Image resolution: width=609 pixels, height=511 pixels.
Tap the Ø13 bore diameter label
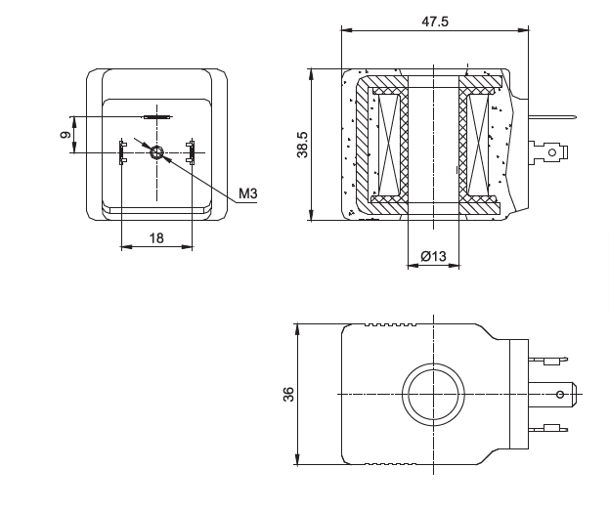pyautogui.click(x=433, y=256)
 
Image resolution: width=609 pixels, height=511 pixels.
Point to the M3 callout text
pyautogui.click(x=248, y=194)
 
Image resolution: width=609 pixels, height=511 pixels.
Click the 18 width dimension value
pyautogui.click(x=155, y=237)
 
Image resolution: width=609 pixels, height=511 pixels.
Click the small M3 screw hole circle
pyautogui.click(x=156, y=151)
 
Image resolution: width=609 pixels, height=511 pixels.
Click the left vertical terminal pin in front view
pyautogui.click(x=122, y=151)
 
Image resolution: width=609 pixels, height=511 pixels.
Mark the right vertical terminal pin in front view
pyautogui.click(x=192, y=151)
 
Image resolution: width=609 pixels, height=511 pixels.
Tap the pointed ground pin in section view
pyautogui.click(x=553, y=120)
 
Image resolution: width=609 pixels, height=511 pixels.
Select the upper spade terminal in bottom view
pyautogui.click(x=548, y=360)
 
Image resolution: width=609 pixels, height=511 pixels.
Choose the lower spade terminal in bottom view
pyautogui.click(x=548, y=427)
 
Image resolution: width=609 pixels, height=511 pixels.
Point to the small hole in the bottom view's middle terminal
pyautogui.click(x=559, y=394)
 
